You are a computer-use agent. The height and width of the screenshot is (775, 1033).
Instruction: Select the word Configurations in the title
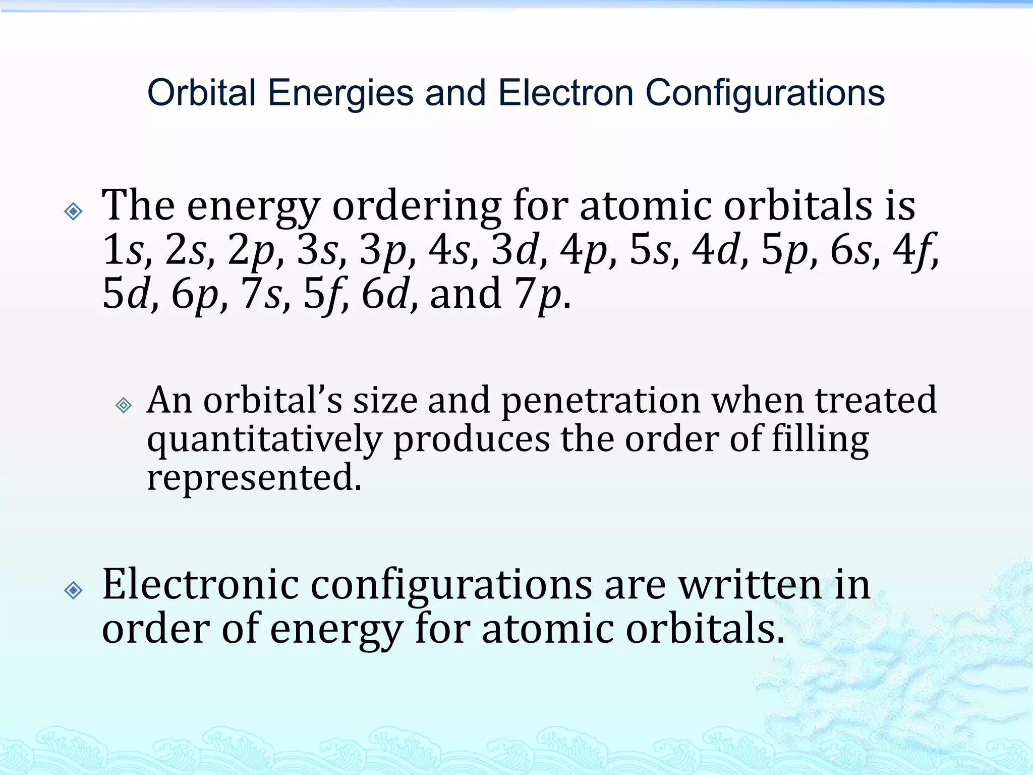[x=765, y=94]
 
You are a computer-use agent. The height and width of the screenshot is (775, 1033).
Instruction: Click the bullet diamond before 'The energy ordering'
[x=74, y=211]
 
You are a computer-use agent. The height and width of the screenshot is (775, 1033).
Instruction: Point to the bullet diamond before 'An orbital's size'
[x=124, y=405]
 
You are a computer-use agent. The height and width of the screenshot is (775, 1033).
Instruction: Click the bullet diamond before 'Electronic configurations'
[x=74, y=589]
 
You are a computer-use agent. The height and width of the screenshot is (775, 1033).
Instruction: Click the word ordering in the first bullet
[x=417, y=207]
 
